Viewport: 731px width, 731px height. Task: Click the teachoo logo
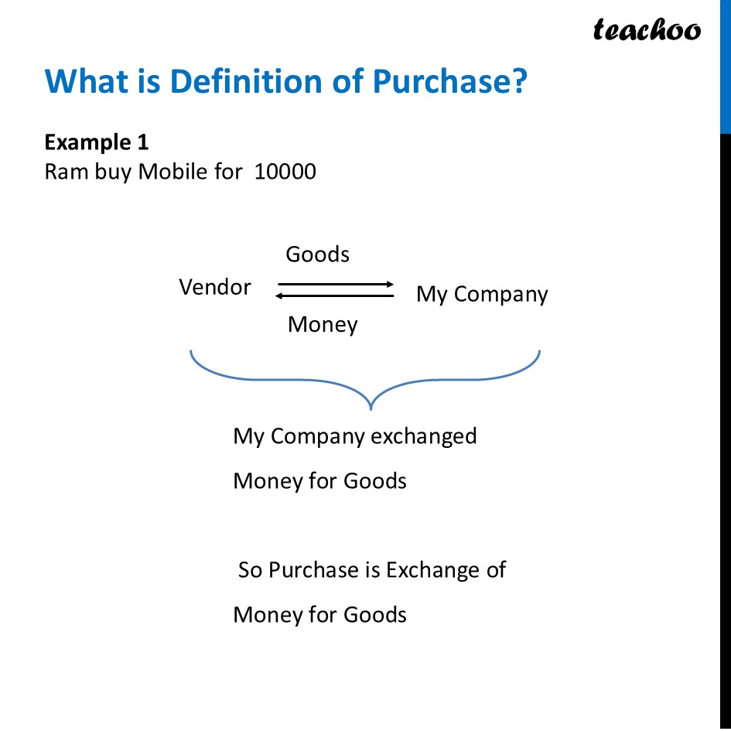647,29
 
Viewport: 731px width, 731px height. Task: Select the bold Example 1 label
97,142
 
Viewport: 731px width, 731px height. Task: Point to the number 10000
285,171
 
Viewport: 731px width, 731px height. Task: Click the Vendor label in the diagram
215,288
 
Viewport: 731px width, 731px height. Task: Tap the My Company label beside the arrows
482,294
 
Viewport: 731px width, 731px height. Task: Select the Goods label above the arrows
317,254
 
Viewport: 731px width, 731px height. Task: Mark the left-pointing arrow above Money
335,295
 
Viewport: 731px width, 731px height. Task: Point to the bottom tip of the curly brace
372,407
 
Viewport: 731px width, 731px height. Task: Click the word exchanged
424,436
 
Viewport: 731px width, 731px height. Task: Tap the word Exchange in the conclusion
433,570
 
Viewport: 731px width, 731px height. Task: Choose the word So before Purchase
250,570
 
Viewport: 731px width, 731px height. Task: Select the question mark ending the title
519,81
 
